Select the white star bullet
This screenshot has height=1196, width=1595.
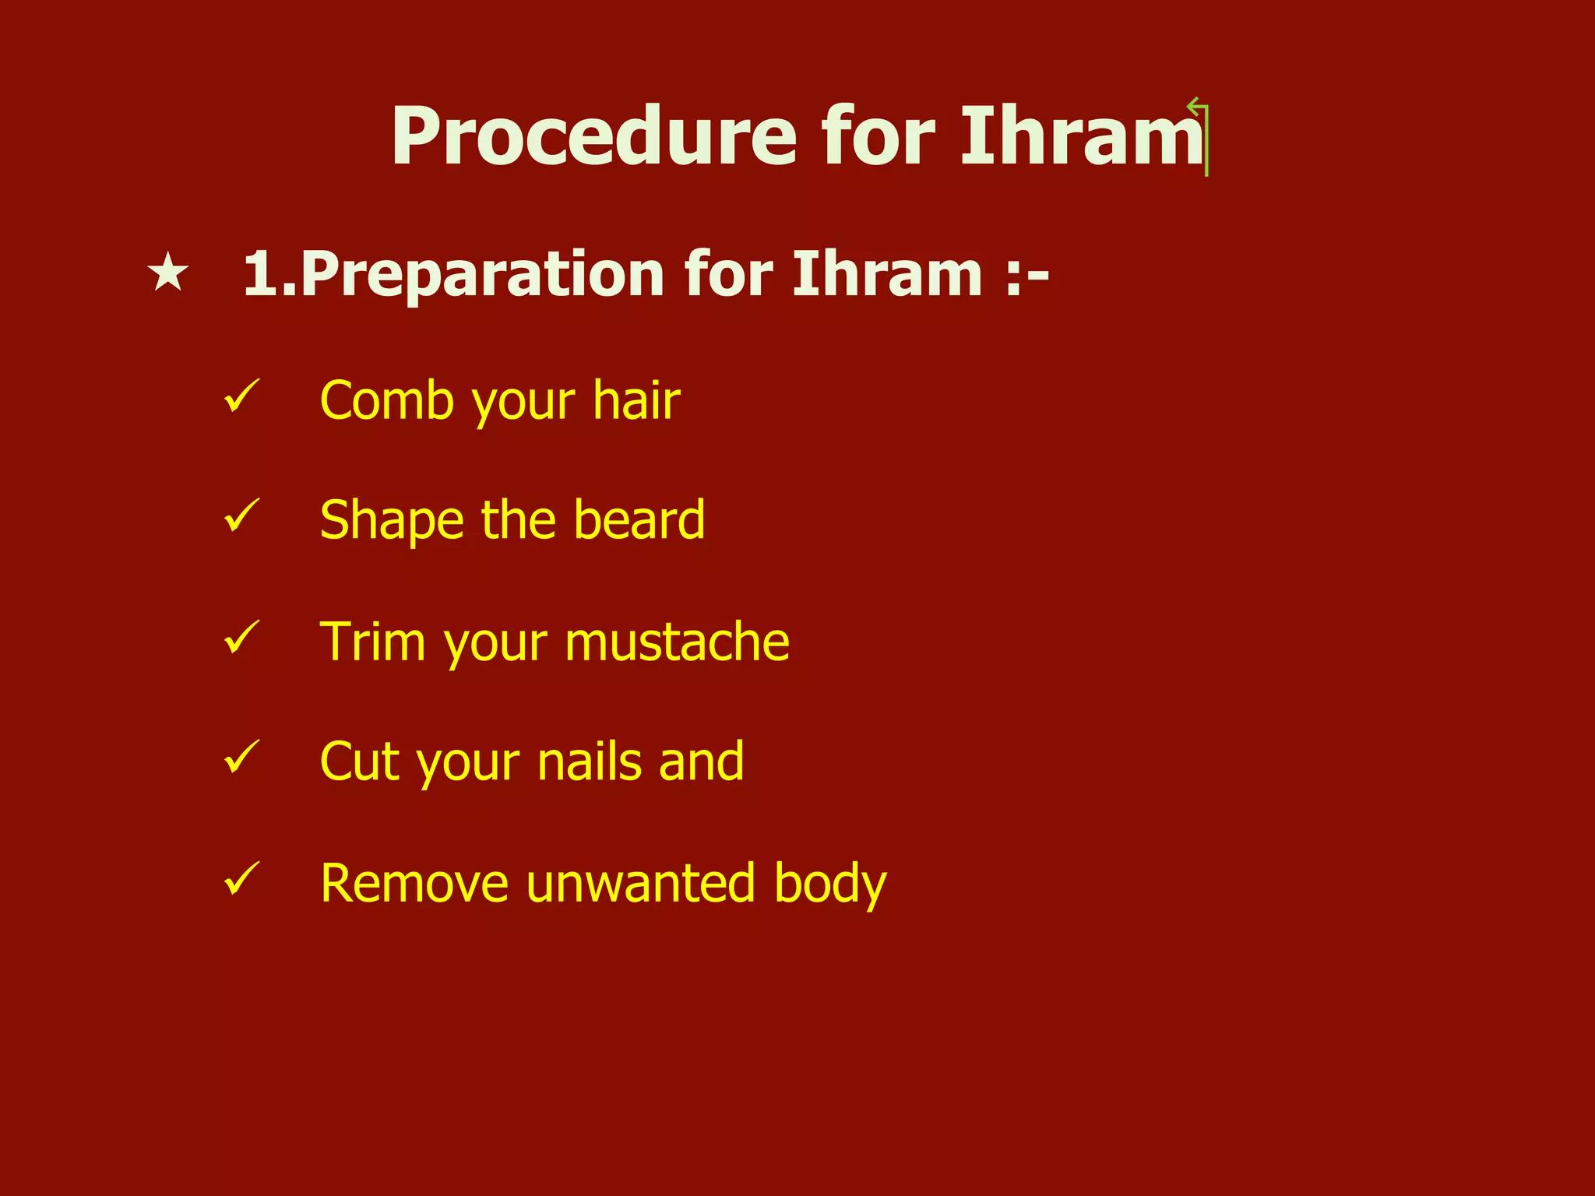[x=167, y=274]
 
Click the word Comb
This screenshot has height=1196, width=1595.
[x=386, y=401]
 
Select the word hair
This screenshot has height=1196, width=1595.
[x=636, y=401]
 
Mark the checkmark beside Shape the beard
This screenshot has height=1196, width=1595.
[x=241, y=515]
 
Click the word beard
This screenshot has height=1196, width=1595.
[x=639, y=520]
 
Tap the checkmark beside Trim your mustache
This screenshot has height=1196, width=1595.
[x=241, y=636]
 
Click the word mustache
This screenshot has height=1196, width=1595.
[x=677, y=642]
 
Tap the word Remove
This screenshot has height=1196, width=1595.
[x=414, y=884]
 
